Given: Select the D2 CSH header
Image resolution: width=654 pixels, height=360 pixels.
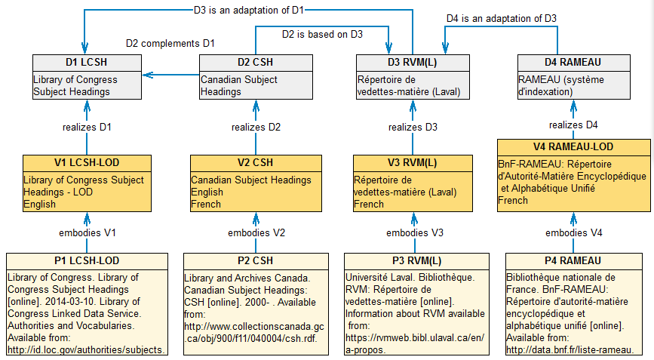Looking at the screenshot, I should [255, 63].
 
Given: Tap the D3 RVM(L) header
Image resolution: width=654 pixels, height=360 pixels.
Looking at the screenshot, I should [412, 63].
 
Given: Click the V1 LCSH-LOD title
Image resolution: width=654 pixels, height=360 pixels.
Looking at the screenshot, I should [88, 163].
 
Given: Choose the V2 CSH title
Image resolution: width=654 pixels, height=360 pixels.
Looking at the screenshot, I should [255, 163].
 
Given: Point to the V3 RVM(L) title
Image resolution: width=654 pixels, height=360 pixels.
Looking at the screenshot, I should [412, 163].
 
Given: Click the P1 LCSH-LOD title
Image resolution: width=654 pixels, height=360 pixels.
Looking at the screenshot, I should [88, 261].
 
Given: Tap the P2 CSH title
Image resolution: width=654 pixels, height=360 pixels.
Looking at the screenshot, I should [255, 261].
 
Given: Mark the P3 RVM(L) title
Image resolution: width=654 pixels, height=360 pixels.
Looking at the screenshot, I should [412, 261].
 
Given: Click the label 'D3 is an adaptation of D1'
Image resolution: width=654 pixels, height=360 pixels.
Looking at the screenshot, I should [249, 11].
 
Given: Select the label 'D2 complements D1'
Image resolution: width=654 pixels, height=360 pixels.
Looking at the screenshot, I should [170, 43].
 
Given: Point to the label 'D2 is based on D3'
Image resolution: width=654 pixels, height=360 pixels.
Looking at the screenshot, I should [322, 33].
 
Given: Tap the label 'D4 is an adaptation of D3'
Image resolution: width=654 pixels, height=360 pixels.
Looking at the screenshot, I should [502, 17].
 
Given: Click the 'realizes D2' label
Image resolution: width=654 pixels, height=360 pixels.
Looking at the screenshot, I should [255, 127].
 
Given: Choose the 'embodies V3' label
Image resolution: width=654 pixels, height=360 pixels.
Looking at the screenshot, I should [412, 232].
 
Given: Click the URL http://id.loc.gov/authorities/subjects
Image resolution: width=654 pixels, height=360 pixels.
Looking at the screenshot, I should [87, 349].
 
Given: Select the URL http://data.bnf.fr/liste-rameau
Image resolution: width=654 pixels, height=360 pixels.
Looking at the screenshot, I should [568, 349].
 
